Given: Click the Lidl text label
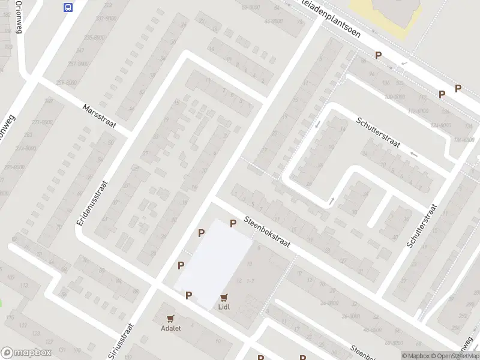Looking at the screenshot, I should coord(224,307).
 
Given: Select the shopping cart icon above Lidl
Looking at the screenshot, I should coord(224,297).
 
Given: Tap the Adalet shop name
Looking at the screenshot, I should coord(170,328).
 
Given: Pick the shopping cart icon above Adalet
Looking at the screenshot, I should coord(171,318).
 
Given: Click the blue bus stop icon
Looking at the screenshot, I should coord(68,7).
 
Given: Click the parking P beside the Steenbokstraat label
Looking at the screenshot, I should coord(233,223).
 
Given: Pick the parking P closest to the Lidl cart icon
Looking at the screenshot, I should coord(189,295).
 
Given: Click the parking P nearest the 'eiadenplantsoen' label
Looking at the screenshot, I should coord(378,55).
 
